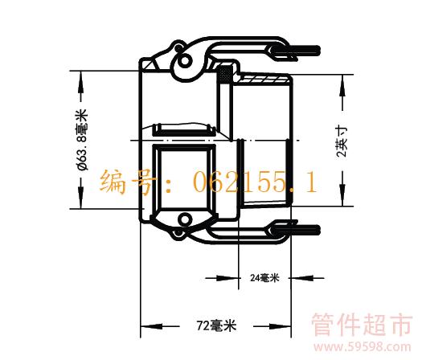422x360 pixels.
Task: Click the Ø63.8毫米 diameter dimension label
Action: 82,139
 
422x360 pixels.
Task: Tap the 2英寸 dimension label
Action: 342,141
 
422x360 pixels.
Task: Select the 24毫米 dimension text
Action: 264,278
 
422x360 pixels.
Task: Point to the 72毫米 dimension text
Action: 216,325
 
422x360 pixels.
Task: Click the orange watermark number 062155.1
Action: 255,182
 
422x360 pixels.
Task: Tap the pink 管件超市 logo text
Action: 363,325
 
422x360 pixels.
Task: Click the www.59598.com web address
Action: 363,347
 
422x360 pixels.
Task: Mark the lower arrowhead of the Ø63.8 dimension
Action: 80,198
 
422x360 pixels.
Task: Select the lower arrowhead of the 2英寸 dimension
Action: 342,195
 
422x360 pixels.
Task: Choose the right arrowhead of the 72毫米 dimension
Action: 281,326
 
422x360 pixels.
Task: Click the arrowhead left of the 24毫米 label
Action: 228,278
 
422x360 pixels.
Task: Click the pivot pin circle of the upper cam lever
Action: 185,60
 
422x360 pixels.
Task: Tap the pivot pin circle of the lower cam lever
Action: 185,219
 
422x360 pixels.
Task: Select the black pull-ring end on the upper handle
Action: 296,51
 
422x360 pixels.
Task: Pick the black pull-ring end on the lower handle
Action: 296,230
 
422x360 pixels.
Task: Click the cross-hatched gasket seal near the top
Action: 225,74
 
